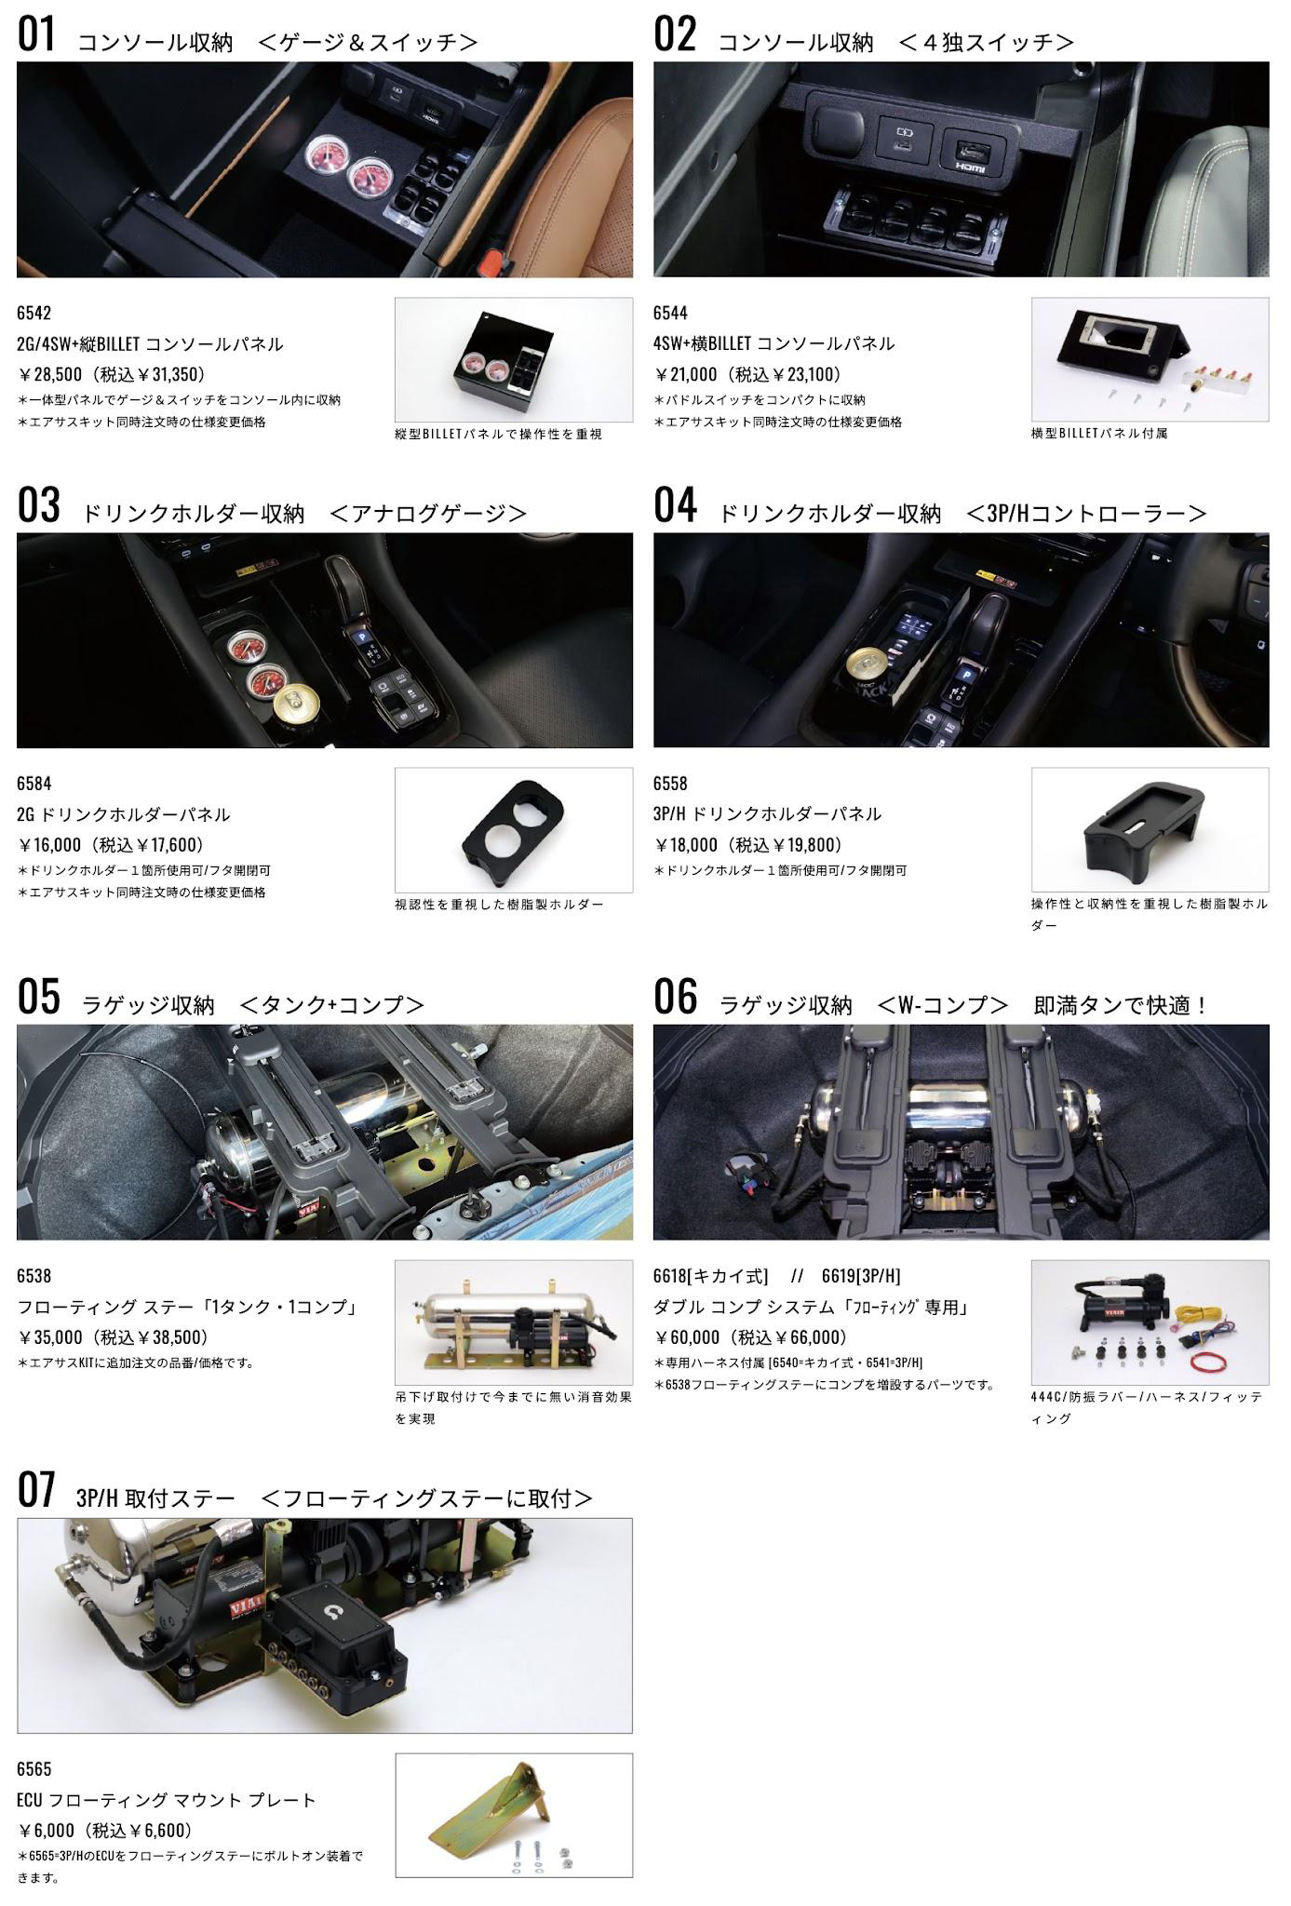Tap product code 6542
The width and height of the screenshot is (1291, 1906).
tap(34, 313)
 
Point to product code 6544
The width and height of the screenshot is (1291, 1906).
tap(670, 313)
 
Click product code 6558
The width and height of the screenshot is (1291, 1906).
tap(670, 784)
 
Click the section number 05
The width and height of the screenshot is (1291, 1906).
tap(38, 997)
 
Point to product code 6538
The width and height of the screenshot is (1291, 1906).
tap(34, 1276)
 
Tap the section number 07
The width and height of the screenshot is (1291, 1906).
tap(36, 1490)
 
